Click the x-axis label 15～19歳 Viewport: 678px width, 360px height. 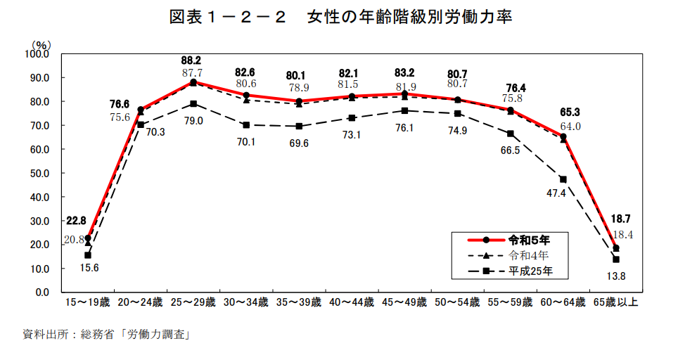[x=87, y=302]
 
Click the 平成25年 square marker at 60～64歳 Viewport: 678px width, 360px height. [x=563, y=179]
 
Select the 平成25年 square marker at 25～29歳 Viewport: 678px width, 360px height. [x=193, y=103]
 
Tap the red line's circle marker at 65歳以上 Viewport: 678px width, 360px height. [x=616, y=247]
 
